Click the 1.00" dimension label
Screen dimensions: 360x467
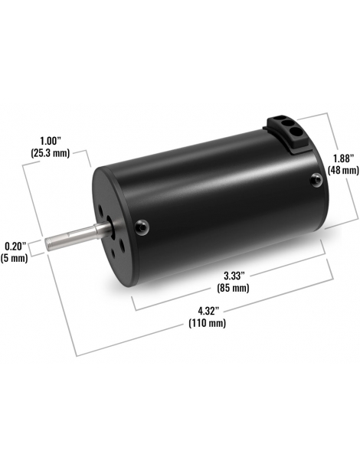(51, 140)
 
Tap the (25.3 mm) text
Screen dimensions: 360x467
(51, 153)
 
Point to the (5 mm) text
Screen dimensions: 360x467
(14, 258)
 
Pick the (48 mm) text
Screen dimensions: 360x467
(343, 171)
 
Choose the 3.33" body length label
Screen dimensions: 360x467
(234, 276)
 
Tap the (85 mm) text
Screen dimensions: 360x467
(233, 288)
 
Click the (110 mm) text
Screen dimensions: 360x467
(207, 323)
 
